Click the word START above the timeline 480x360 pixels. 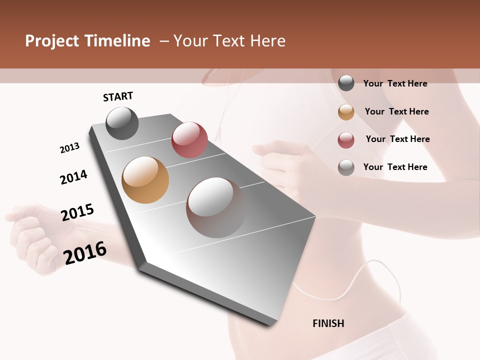tap(118, 96)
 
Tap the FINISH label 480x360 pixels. tap(328, 323)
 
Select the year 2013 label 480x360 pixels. tap(69, 148)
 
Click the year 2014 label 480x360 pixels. tap(73, 177)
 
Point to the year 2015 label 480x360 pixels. tap(77, 212)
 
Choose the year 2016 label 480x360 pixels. tap(85, 252)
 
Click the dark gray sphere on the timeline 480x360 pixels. tap(122, 123)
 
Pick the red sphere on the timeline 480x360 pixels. tap(189, 140)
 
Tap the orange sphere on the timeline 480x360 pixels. tap(145, 180)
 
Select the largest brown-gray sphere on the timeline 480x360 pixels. tap(216, 207)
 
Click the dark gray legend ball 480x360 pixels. tap(346, 83)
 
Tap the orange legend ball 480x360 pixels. tap(346, 112)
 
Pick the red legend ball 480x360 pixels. tap(346, 140)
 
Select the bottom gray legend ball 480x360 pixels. tap(346, 167)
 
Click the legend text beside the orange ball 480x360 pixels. tap(396, 111)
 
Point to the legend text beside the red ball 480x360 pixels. tap(397, 139)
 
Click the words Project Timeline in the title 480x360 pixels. tap(87, 41)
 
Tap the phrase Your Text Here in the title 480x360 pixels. tap(229, 41)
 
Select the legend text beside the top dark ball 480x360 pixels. tap(395, 83)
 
